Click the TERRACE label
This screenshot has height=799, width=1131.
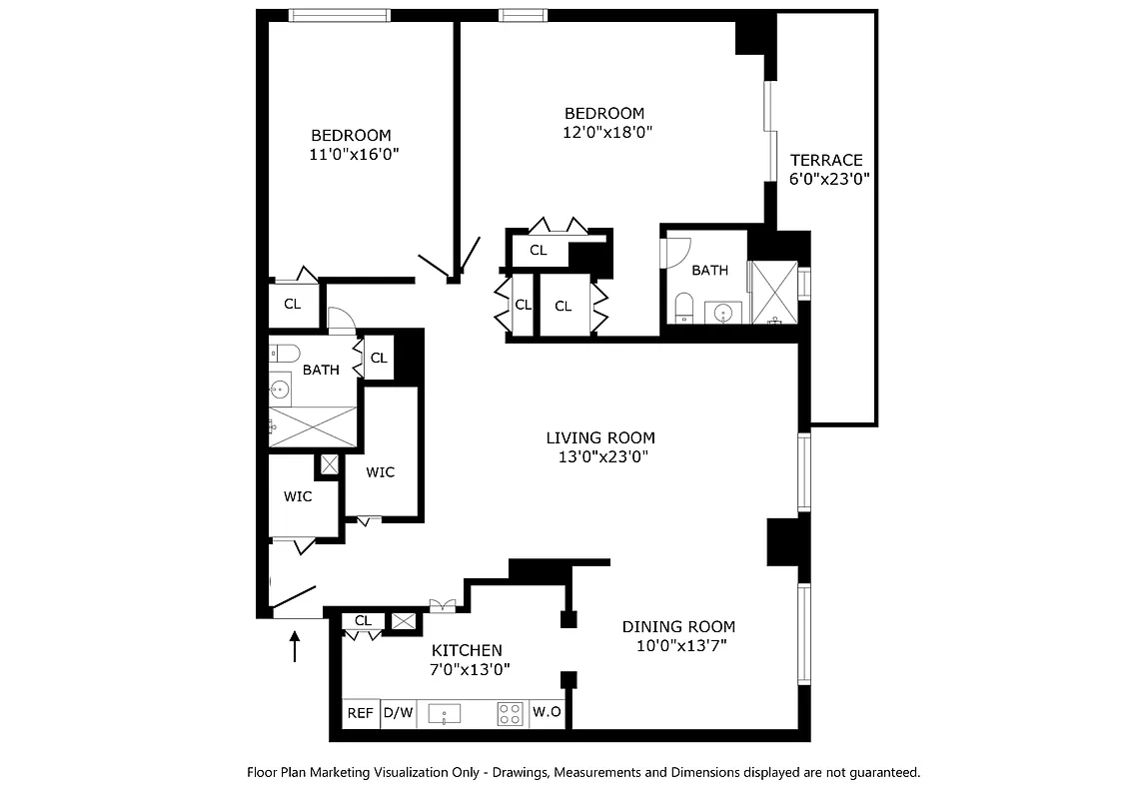click(825, 160)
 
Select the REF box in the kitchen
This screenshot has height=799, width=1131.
click(361, 713)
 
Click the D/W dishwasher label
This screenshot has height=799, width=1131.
click(399, 713)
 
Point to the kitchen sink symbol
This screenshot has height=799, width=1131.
click(444, 714)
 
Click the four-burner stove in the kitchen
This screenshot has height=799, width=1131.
click(511, 714)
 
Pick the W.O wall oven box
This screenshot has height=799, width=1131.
click(547, 713)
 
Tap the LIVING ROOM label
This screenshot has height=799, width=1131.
click(600, 437)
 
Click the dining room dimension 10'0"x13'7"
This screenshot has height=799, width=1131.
click(680, 645)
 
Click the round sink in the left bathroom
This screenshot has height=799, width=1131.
click(280, 390)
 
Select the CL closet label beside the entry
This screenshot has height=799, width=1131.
click(363, 621)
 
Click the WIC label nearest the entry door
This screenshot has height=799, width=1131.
click(298, 496)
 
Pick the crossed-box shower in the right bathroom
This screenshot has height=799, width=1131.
click(773, 293)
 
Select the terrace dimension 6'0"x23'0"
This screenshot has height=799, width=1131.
click(829, 180)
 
